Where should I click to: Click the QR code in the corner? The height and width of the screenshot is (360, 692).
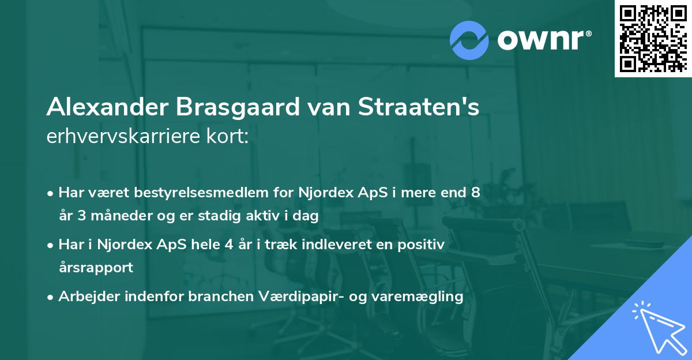(653, 38)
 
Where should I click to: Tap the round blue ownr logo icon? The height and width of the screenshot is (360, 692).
(468, 40)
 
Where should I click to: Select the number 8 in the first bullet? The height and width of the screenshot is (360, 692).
(475, 193)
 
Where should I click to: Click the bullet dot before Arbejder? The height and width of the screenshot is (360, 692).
(51, 297)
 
